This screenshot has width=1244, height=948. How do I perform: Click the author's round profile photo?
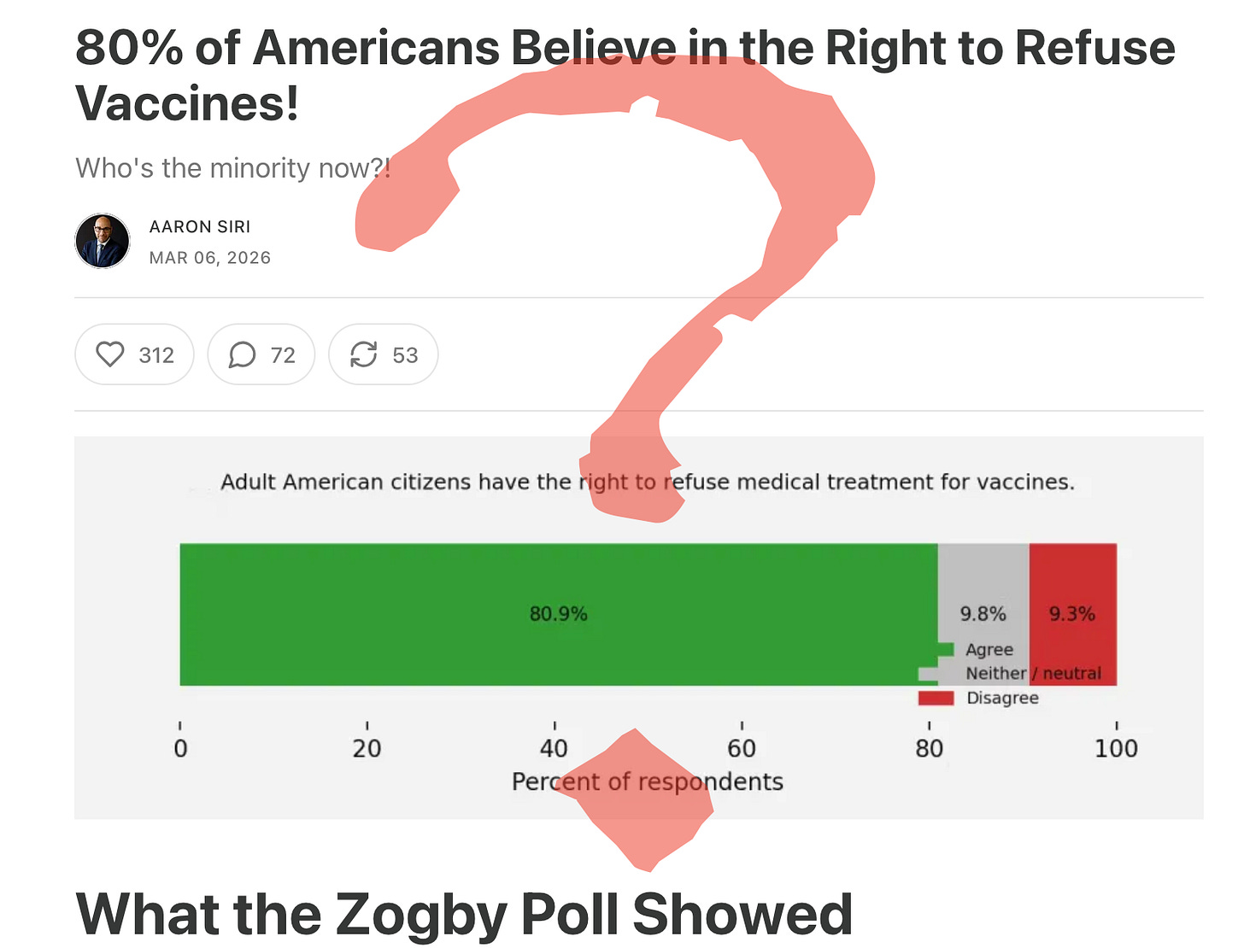pyautogui.click(x=103, y=241)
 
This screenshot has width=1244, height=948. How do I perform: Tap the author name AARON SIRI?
pyautogui.click(x=200, y=226)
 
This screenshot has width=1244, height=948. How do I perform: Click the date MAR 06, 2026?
pyautogui.click(x=210, y=258)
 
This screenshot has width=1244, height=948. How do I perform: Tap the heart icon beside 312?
pyautogui.click(x=110, y=354)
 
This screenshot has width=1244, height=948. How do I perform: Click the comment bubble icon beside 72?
pyautogui.click(x=242, y=354)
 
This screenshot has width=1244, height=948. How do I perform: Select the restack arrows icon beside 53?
pyautogui.click(x=364, y=354)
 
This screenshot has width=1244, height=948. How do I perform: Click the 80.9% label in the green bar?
pyautogui.click(x=558, y=614)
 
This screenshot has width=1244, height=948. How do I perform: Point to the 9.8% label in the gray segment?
pyautogui.click(x=983, y=614)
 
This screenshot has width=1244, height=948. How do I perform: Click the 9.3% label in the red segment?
pyautogui.click(x=1071, y=614)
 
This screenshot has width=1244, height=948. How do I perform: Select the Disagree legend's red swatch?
pyautogui.click(x=936, y=699)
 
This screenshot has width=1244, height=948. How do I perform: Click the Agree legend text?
pyautogui.click(x=989, y=650)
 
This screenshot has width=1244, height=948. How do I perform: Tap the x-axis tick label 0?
pyautogui.click(x=180, y=749)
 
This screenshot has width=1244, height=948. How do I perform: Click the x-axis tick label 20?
pyautogui.click(x=367, y=749)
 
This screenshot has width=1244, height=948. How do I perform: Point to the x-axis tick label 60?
pyautogui.click(x=742, y=749)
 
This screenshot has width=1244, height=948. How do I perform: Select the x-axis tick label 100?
pyautogui.click(x=1116, y=749)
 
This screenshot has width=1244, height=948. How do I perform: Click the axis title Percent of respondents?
pyautogui.click(x=647, y=781)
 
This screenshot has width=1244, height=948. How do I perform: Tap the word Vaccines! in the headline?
pyautogui.click(x=187, y=103)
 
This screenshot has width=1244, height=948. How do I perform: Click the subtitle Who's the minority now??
pyautogui.click(x=232, y=168)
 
